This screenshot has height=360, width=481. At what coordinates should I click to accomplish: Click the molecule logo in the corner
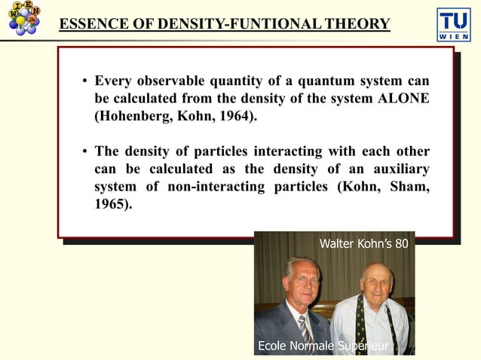coord(23,20)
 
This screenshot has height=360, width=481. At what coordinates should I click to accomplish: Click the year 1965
coord(111,203)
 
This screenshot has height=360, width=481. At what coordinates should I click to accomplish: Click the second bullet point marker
coord(86,150)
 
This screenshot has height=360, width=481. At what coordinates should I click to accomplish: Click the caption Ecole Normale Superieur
coord(323,346)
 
